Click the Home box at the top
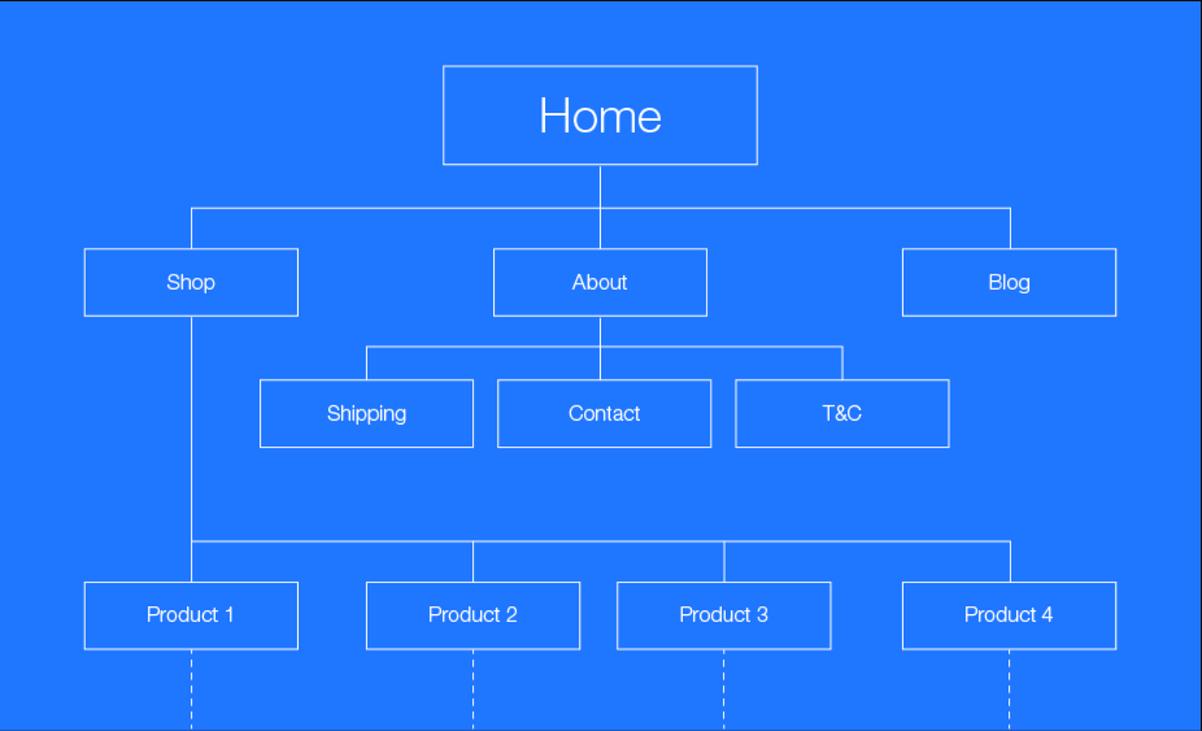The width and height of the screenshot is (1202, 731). [600, 115]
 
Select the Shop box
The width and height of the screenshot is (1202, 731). [191, 283]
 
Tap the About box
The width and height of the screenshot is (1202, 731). [600, 283]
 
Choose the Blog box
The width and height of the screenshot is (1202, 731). [1010, 283]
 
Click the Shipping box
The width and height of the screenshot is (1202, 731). [366, 413]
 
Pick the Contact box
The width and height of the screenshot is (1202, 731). [604, 413]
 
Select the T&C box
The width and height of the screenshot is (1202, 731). [842, 413]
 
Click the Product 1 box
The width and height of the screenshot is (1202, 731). [191, 616]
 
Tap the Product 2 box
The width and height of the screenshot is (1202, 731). [473, 616]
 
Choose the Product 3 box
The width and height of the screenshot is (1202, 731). [724, 616]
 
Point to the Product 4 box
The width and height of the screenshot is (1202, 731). [1010, 616]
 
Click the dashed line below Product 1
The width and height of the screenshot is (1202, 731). [191, 690]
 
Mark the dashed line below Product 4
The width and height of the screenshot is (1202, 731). [1010, 690]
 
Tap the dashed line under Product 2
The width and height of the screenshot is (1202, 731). [473, 690]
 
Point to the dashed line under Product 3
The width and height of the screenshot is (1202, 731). [724, 690]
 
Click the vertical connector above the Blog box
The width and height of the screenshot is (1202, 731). [1010, 228]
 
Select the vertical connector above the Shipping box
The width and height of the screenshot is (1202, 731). [366, 363]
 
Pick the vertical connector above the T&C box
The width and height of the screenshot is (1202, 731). [842, 363]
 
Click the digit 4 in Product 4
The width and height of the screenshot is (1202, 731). [1047, 615]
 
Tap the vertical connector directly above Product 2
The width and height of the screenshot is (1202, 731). [473, 561]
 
